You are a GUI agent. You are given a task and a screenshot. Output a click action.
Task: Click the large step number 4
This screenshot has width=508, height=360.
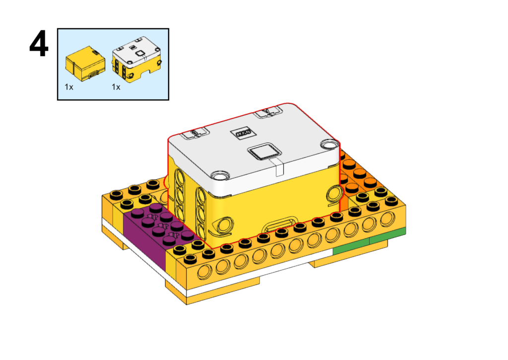[x=39, y=44]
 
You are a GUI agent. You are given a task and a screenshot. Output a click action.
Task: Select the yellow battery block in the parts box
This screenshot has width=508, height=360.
[x=85, y=64]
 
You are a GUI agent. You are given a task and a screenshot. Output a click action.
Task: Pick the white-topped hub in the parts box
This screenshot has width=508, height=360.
[x=137, y=59]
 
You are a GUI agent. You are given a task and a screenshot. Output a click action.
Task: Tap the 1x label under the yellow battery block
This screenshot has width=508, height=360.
[x=69, y=87]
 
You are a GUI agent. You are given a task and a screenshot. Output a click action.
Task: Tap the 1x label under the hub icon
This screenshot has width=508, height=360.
[x=116, y=87]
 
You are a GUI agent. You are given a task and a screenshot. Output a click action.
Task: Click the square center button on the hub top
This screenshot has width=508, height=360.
[x=264, y=151]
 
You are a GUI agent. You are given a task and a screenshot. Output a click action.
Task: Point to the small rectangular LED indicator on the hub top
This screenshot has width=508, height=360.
[x=242, y=133]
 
